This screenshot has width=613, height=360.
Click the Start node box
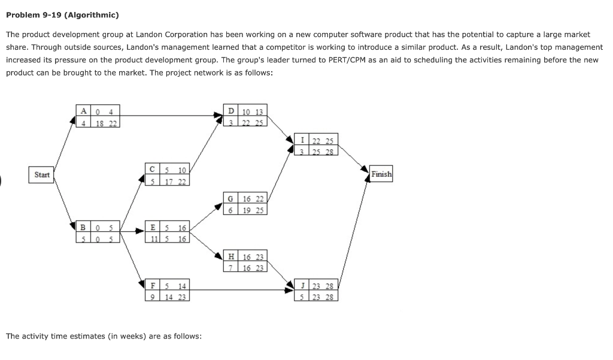pos(42,174)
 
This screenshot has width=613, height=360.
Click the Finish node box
pos(381,174)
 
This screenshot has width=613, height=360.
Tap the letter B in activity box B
pos(83,228)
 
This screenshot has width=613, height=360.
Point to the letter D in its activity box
pos(232,111)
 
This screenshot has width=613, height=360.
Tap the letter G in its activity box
pos(230,198)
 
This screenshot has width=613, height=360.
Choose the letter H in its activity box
pos(230,256)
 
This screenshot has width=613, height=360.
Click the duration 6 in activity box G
pos(230,210)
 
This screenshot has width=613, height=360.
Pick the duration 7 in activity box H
pos(230,268)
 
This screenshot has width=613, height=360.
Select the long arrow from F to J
pos(239,291)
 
